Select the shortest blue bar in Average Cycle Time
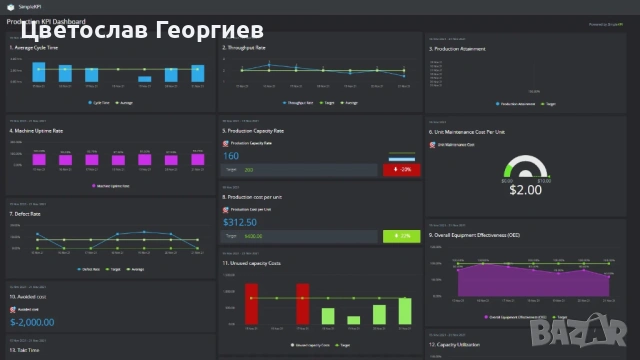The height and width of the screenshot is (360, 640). coord(145,78)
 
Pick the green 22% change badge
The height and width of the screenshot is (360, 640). coord(401,236)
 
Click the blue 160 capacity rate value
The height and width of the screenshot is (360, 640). coord(231,156)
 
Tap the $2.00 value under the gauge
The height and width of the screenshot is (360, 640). coord(525,190)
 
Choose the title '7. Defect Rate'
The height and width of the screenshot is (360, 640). coord(24,214)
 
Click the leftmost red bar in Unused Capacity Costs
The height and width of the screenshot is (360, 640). coord(252,303)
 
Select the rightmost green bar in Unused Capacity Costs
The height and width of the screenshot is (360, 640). coord(404,311)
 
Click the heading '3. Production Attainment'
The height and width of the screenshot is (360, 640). coord(458,48)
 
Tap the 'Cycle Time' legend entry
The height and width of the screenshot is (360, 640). coord(101,102)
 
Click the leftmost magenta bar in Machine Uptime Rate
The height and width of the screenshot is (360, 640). coord(41,159)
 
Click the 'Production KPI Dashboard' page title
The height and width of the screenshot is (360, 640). coord(46,21)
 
